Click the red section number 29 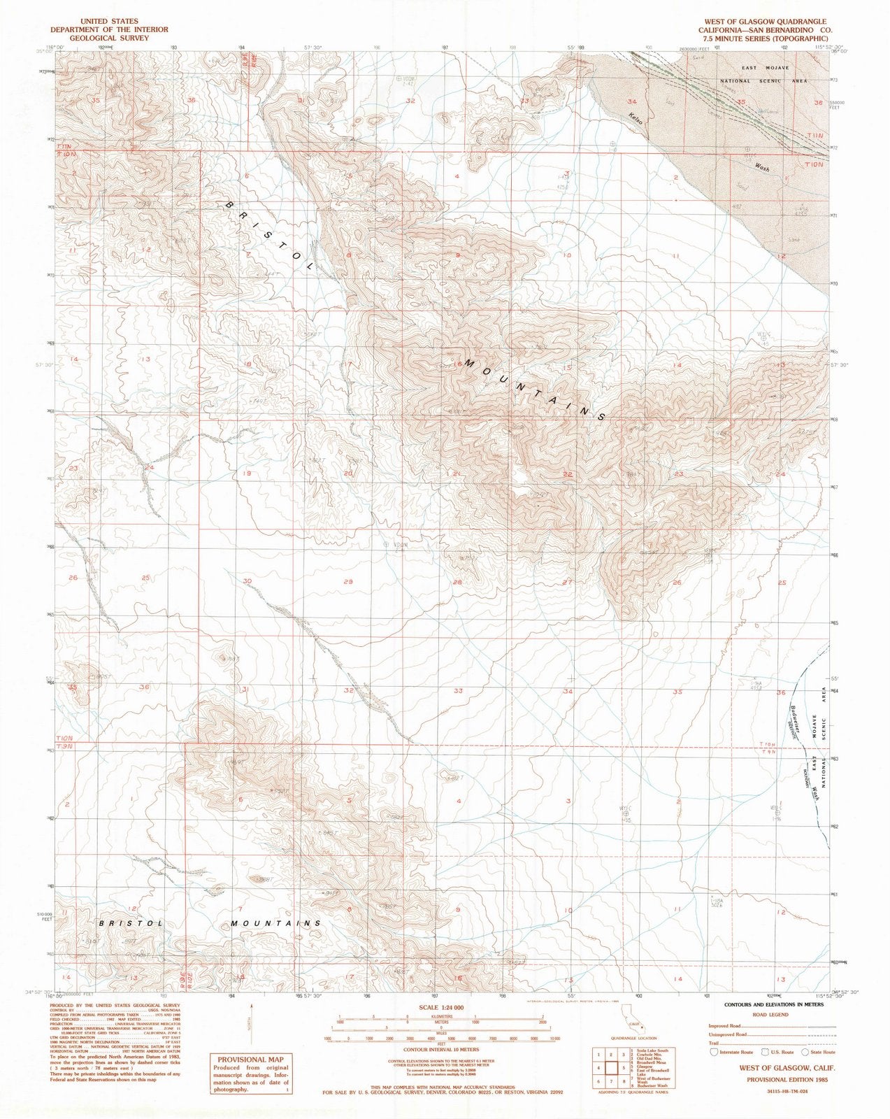pos(348,582)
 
